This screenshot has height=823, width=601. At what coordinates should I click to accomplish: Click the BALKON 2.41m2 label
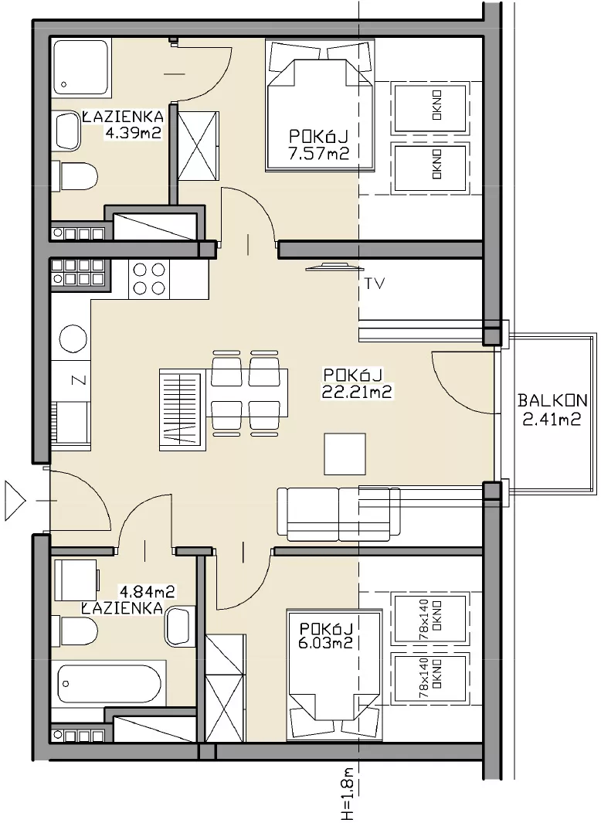[x=552, y=410]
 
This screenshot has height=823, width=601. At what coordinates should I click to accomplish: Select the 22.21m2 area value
[x=357, y=392]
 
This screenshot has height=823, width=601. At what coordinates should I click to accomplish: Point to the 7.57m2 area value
[x=319, y=153]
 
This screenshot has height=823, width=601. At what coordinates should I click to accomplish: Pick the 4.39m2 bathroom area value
[x=133, y=133]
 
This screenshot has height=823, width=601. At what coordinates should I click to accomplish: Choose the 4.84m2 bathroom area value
[x=148, y=592]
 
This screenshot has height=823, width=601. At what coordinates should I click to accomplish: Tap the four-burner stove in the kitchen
[x=148, y=279]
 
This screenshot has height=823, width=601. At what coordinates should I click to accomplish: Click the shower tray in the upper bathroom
[x=80, y=66]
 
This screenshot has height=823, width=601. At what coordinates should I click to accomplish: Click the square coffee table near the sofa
[x=345, y=454]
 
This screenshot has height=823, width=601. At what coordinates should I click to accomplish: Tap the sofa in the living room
[x=338, y=514]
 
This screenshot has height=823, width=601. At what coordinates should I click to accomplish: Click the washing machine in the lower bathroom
[x=76, y=580]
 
